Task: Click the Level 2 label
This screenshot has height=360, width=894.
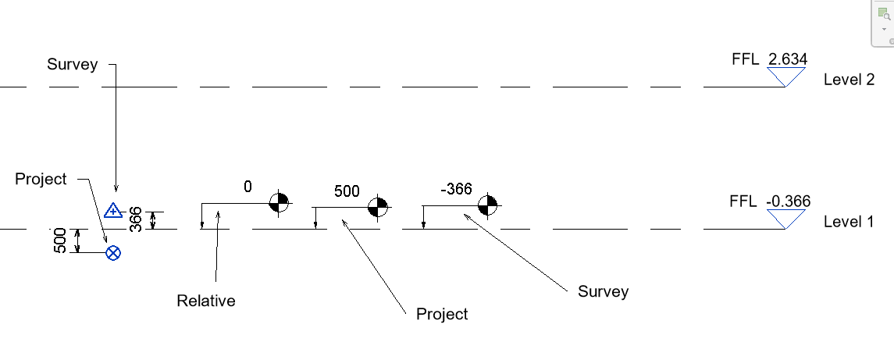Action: click(849, 80)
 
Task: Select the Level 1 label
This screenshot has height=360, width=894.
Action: click(849, 222)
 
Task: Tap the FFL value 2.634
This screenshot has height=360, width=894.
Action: click(788, 59)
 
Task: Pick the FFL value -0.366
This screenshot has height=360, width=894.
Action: click(788, 201)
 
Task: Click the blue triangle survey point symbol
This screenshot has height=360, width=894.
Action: click(113, 209)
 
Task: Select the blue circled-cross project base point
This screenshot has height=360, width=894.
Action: click(113, 252)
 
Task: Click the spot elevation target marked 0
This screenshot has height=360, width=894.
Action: click(279, 203)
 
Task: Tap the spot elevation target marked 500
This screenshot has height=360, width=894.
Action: click(379, 206)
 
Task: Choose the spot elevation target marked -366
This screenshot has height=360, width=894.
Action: click(488, 205)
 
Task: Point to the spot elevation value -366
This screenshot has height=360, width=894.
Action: click(457, 189)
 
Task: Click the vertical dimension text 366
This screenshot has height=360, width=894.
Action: click(135, 219)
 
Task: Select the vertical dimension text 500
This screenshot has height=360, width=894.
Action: click(60, 241)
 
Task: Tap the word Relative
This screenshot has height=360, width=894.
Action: click(206, 301)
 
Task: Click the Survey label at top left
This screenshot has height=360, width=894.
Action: click(73, 64)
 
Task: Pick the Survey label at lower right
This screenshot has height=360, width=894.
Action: click(603, 292)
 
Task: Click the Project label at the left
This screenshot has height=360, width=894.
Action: click(41, 179)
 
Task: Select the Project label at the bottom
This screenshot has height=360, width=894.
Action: click(442, 314)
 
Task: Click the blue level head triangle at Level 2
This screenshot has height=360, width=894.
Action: click(785, 76)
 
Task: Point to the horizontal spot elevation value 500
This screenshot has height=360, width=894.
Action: click(347, 191)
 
